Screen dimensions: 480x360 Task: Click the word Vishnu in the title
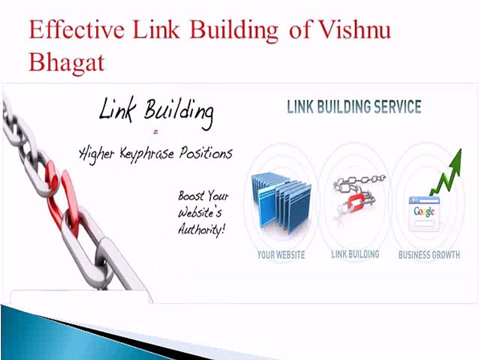coord(354,29)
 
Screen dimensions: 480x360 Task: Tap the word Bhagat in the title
coord(66,62)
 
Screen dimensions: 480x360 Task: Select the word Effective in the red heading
coord(76,29)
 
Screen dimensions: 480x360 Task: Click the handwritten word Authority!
coord(201,229)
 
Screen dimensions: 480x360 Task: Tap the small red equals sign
coord(156,132)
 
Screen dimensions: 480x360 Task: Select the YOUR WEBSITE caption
coord(281,254)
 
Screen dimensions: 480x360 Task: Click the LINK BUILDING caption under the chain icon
coord(355,254)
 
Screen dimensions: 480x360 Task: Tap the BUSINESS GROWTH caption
coord(429,254)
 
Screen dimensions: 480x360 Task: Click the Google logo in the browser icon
coord(424,211)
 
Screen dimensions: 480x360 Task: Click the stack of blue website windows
coord(281,202)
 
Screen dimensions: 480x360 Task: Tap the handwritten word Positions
coord(205,153)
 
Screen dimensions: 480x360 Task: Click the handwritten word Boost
coord(191,195)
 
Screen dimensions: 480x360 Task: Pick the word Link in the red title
coord(156,29)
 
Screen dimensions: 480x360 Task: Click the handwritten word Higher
coord(96,154)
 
